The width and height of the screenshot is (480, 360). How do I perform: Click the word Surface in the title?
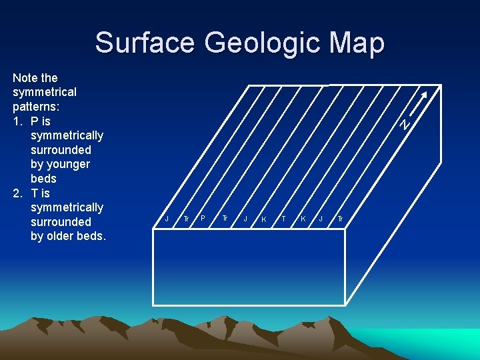(x=145, y=43)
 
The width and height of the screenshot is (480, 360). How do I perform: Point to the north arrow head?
(x=425, y=93)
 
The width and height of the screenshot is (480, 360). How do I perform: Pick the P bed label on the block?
(x=203, y=218)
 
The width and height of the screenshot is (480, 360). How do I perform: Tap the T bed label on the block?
(x=284, y=218)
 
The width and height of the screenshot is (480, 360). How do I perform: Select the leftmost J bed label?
(x=167, y=218)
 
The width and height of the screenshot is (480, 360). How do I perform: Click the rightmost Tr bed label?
(x=340, y=219)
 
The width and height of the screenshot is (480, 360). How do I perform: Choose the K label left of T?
(x=264, y=219)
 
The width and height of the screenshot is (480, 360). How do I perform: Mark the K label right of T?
(x=303, y=218)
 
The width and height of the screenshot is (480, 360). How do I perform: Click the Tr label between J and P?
(x=186, y=219)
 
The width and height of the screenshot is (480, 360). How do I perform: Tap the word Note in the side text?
(x=25, y=78)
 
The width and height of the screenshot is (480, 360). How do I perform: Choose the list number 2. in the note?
(x=18, y=193)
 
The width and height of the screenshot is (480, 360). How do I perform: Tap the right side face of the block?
(x=392, y=200)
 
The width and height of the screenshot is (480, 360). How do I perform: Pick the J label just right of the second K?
(x=321, y=218)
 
